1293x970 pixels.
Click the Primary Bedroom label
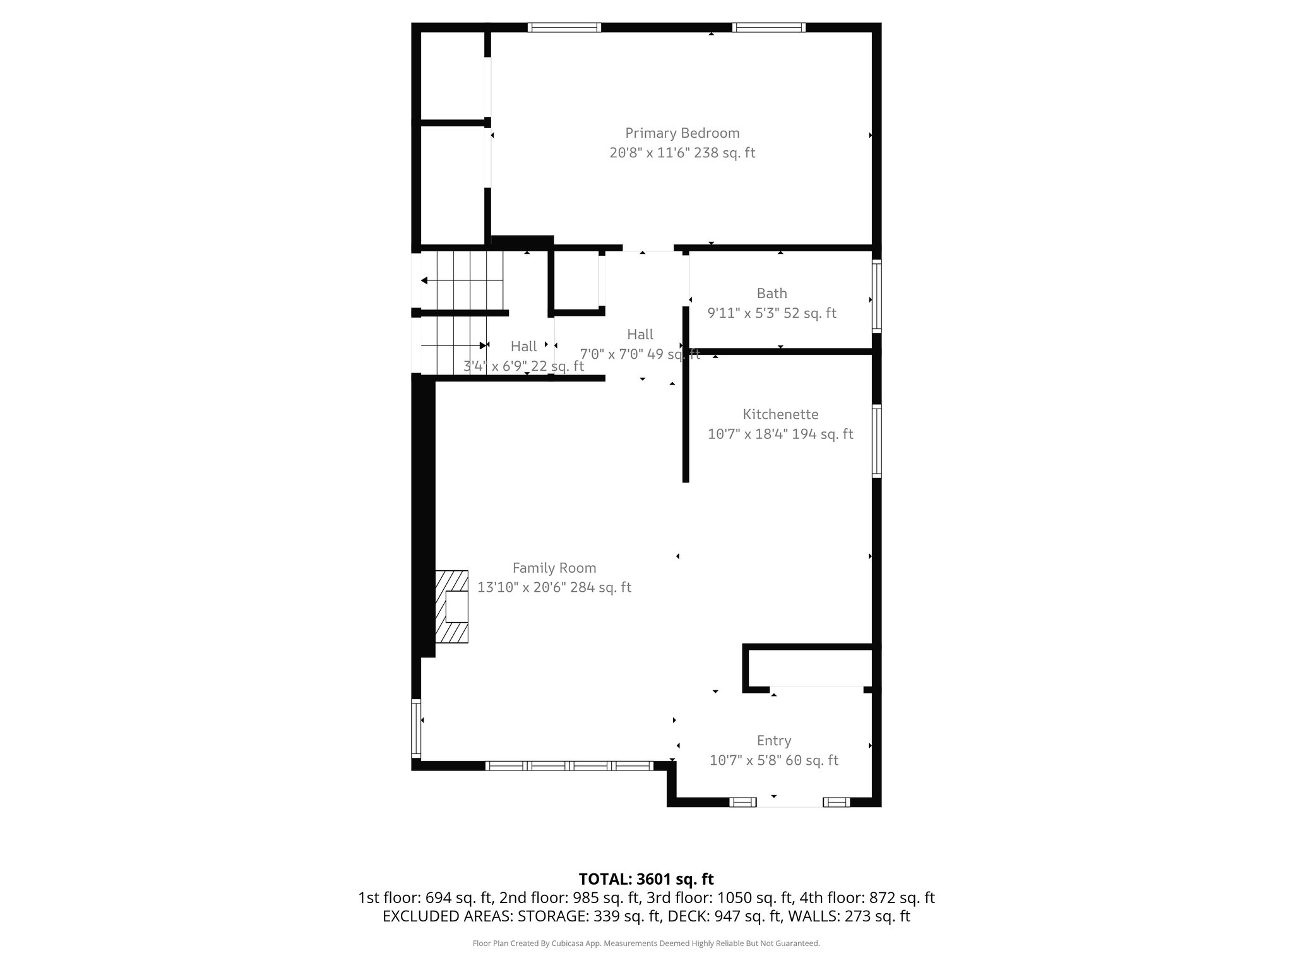point(682,133)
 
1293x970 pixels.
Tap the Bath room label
point(772,294)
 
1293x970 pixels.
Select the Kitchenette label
point(780,415)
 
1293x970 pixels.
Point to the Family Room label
point(554,568)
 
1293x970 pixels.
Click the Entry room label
point(773,741)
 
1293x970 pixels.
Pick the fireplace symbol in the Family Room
point(452,607)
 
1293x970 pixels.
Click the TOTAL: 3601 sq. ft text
point(646,879)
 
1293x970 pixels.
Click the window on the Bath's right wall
point(876,296)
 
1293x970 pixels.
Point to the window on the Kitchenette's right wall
point(876,440)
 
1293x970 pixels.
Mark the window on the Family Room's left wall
point(416,728)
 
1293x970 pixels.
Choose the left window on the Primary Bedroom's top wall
point(564,27)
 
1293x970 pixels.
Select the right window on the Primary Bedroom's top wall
point(768,27)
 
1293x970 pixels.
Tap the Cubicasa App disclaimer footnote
point(646,943)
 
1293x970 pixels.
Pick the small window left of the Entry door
point(742,802)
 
